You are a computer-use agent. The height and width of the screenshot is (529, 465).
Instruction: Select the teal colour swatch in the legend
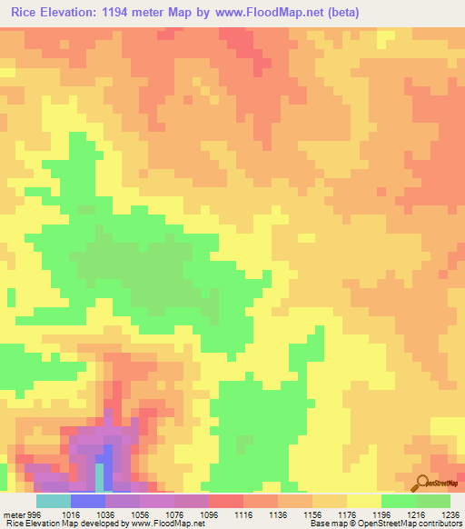coord(54,501)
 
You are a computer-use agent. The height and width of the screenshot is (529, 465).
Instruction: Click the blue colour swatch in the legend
coord(88,501)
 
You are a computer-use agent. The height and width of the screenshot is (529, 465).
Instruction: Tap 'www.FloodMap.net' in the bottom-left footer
coord(163,524)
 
